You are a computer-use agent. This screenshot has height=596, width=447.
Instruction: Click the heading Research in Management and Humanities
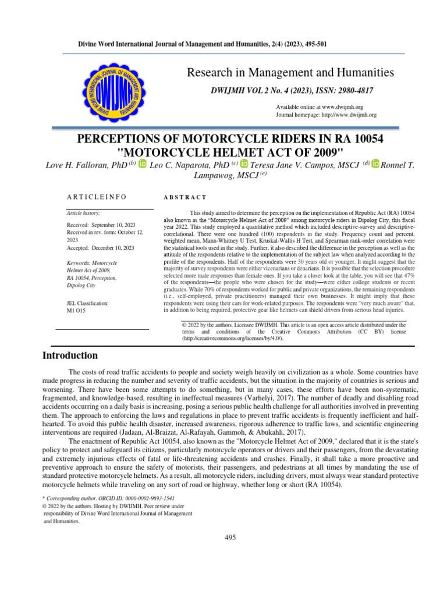point(290,73)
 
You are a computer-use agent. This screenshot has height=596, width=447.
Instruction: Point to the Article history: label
point(84,214)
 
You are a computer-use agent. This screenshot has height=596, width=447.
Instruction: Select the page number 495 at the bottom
point(230,537)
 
